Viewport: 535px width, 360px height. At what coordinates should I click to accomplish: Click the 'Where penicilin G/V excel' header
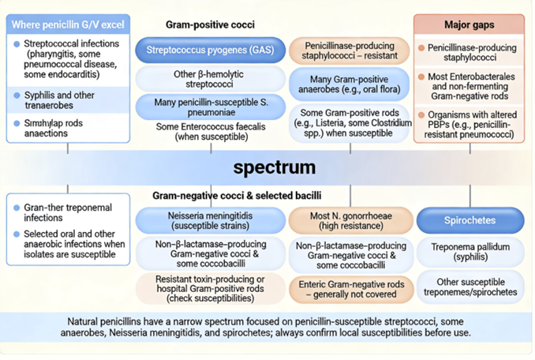[x=68, y=24]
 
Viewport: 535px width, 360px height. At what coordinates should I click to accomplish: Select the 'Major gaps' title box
[x=469, y=24]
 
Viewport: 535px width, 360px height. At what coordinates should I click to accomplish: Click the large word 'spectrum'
[x=274, y=167]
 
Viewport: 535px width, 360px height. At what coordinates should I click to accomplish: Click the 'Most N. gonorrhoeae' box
[x=349, y=219]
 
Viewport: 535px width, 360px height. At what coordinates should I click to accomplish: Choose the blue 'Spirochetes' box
[x=470, y=219]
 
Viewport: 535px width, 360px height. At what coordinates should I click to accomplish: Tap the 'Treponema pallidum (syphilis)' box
[x=470, y=251]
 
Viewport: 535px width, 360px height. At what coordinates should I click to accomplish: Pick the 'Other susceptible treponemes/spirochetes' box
[x=470, y=286]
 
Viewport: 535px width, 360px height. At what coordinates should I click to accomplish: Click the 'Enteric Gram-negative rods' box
[x=349, y=289]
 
